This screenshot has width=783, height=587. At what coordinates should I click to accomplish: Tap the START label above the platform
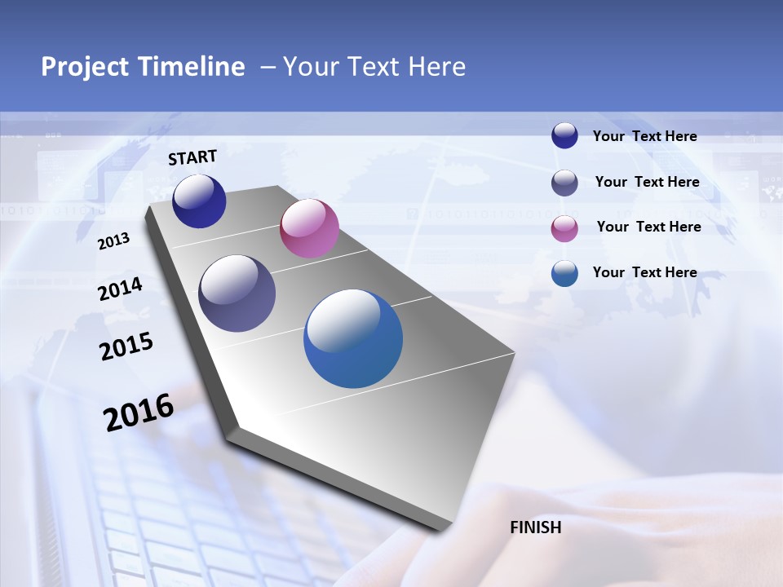click(x=192, y=157)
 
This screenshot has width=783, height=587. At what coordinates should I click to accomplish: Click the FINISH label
click(x=536, y=527)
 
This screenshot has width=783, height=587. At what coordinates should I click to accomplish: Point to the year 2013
click(x=114, y=241)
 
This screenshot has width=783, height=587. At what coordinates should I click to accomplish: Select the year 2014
click(x=121, y=289)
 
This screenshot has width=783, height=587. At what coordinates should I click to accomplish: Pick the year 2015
click(x=126, y=346)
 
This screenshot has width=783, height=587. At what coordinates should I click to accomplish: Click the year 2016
click(x=139, y=413)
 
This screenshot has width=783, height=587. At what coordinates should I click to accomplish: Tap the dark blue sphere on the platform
click(x=199, y=201)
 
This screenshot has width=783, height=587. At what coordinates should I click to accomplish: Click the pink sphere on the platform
click(x=309, y=228)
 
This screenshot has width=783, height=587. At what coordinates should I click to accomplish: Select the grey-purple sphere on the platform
click(x=237, y=293)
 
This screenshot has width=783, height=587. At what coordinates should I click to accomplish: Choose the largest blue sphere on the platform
click(x=353, y=338)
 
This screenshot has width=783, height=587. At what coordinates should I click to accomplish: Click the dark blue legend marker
click(x=564, y=136)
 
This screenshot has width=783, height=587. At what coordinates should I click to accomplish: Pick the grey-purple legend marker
click(x=564, y=183)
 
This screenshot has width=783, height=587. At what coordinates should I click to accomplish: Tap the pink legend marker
click(x=564, y=228)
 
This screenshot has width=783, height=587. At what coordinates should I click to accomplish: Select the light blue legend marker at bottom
click(x=564, y=273)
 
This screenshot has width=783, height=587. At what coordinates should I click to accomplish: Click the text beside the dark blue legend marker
click(x=644, y=137)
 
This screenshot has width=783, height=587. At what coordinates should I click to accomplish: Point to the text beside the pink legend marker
click(x=648, y=227)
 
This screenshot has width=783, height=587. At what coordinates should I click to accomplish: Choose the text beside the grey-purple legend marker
click(x=647, y=182)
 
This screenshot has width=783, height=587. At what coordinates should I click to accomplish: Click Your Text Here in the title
click(x=374, y=67)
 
